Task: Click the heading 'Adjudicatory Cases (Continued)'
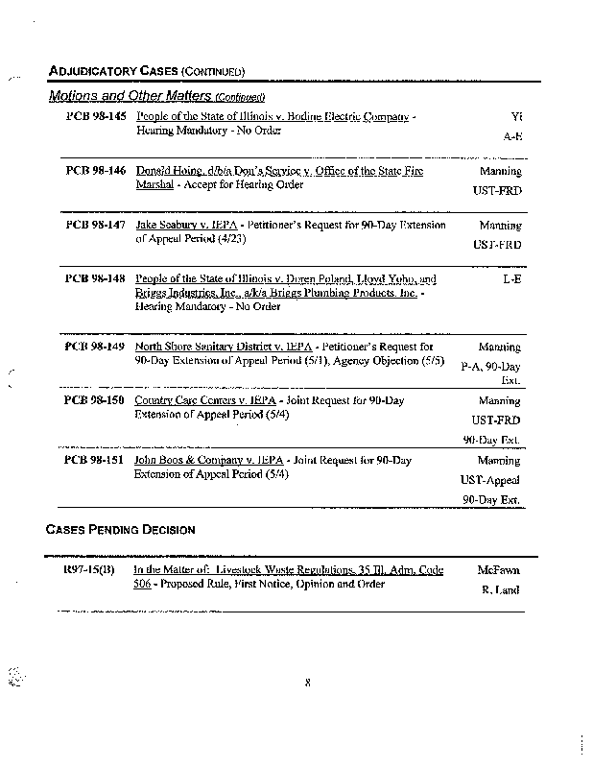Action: click(x=147, y=71)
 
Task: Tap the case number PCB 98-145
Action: click(x=95, y=116)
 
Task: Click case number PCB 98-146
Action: click(x=95, y=171)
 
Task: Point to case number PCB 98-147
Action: click(x=95, y=226)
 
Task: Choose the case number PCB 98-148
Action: click(x=95, y=279)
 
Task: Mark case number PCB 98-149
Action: click(x=95, y=347)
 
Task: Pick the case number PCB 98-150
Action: click(x=95, y=400)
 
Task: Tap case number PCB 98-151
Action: click(x=95, y=461)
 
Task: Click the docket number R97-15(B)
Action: click(x=89, y=570)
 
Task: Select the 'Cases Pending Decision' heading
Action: click(x=121, y=529)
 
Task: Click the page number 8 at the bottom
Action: click(x=307, y=683)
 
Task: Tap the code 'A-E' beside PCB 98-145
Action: click(x=512, y=137)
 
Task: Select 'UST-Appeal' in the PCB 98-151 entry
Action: click(x=489, y=480)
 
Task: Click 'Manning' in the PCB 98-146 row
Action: click(x=500, y=172)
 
